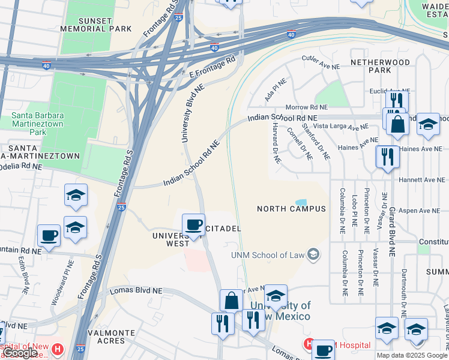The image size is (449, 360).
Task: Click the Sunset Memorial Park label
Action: point(87,25)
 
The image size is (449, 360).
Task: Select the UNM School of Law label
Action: point(268,256)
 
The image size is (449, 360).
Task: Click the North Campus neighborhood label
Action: point(291,209)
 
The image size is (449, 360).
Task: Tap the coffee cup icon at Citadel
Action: point(193,225)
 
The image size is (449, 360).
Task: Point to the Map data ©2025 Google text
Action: point(412,355)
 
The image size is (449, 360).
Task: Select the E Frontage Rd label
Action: point(211,68)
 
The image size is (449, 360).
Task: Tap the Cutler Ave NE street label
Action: point(321,62)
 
